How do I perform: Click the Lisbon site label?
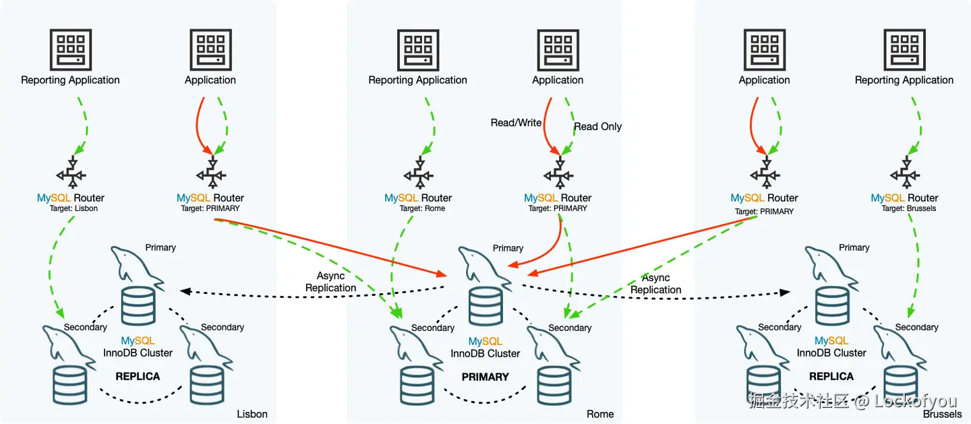coord(252,414)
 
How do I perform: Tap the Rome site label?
coord(600,414)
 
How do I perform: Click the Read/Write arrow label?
coord(516,123)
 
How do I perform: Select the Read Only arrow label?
coord(597,127)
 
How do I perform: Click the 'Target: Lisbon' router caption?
coord(70,209)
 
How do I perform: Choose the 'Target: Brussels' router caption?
coord(904,209)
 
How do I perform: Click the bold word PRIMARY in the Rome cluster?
coord(486,377)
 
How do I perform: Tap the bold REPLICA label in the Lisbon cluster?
coord(138,376)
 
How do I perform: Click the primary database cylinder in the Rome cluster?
coord(485,305)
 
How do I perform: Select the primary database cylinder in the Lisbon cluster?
coord(138,305)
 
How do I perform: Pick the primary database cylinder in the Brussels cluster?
coord(831,305)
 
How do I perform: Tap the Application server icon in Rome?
coord(558,49)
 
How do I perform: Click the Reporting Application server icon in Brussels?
coord(904,49)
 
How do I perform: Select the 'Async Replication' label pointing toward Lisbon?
coord(330,282)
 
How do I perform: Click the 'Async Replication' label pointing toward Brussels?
coord(655,284)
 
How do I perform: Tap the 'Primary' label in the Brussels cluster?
coord(854,247)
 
